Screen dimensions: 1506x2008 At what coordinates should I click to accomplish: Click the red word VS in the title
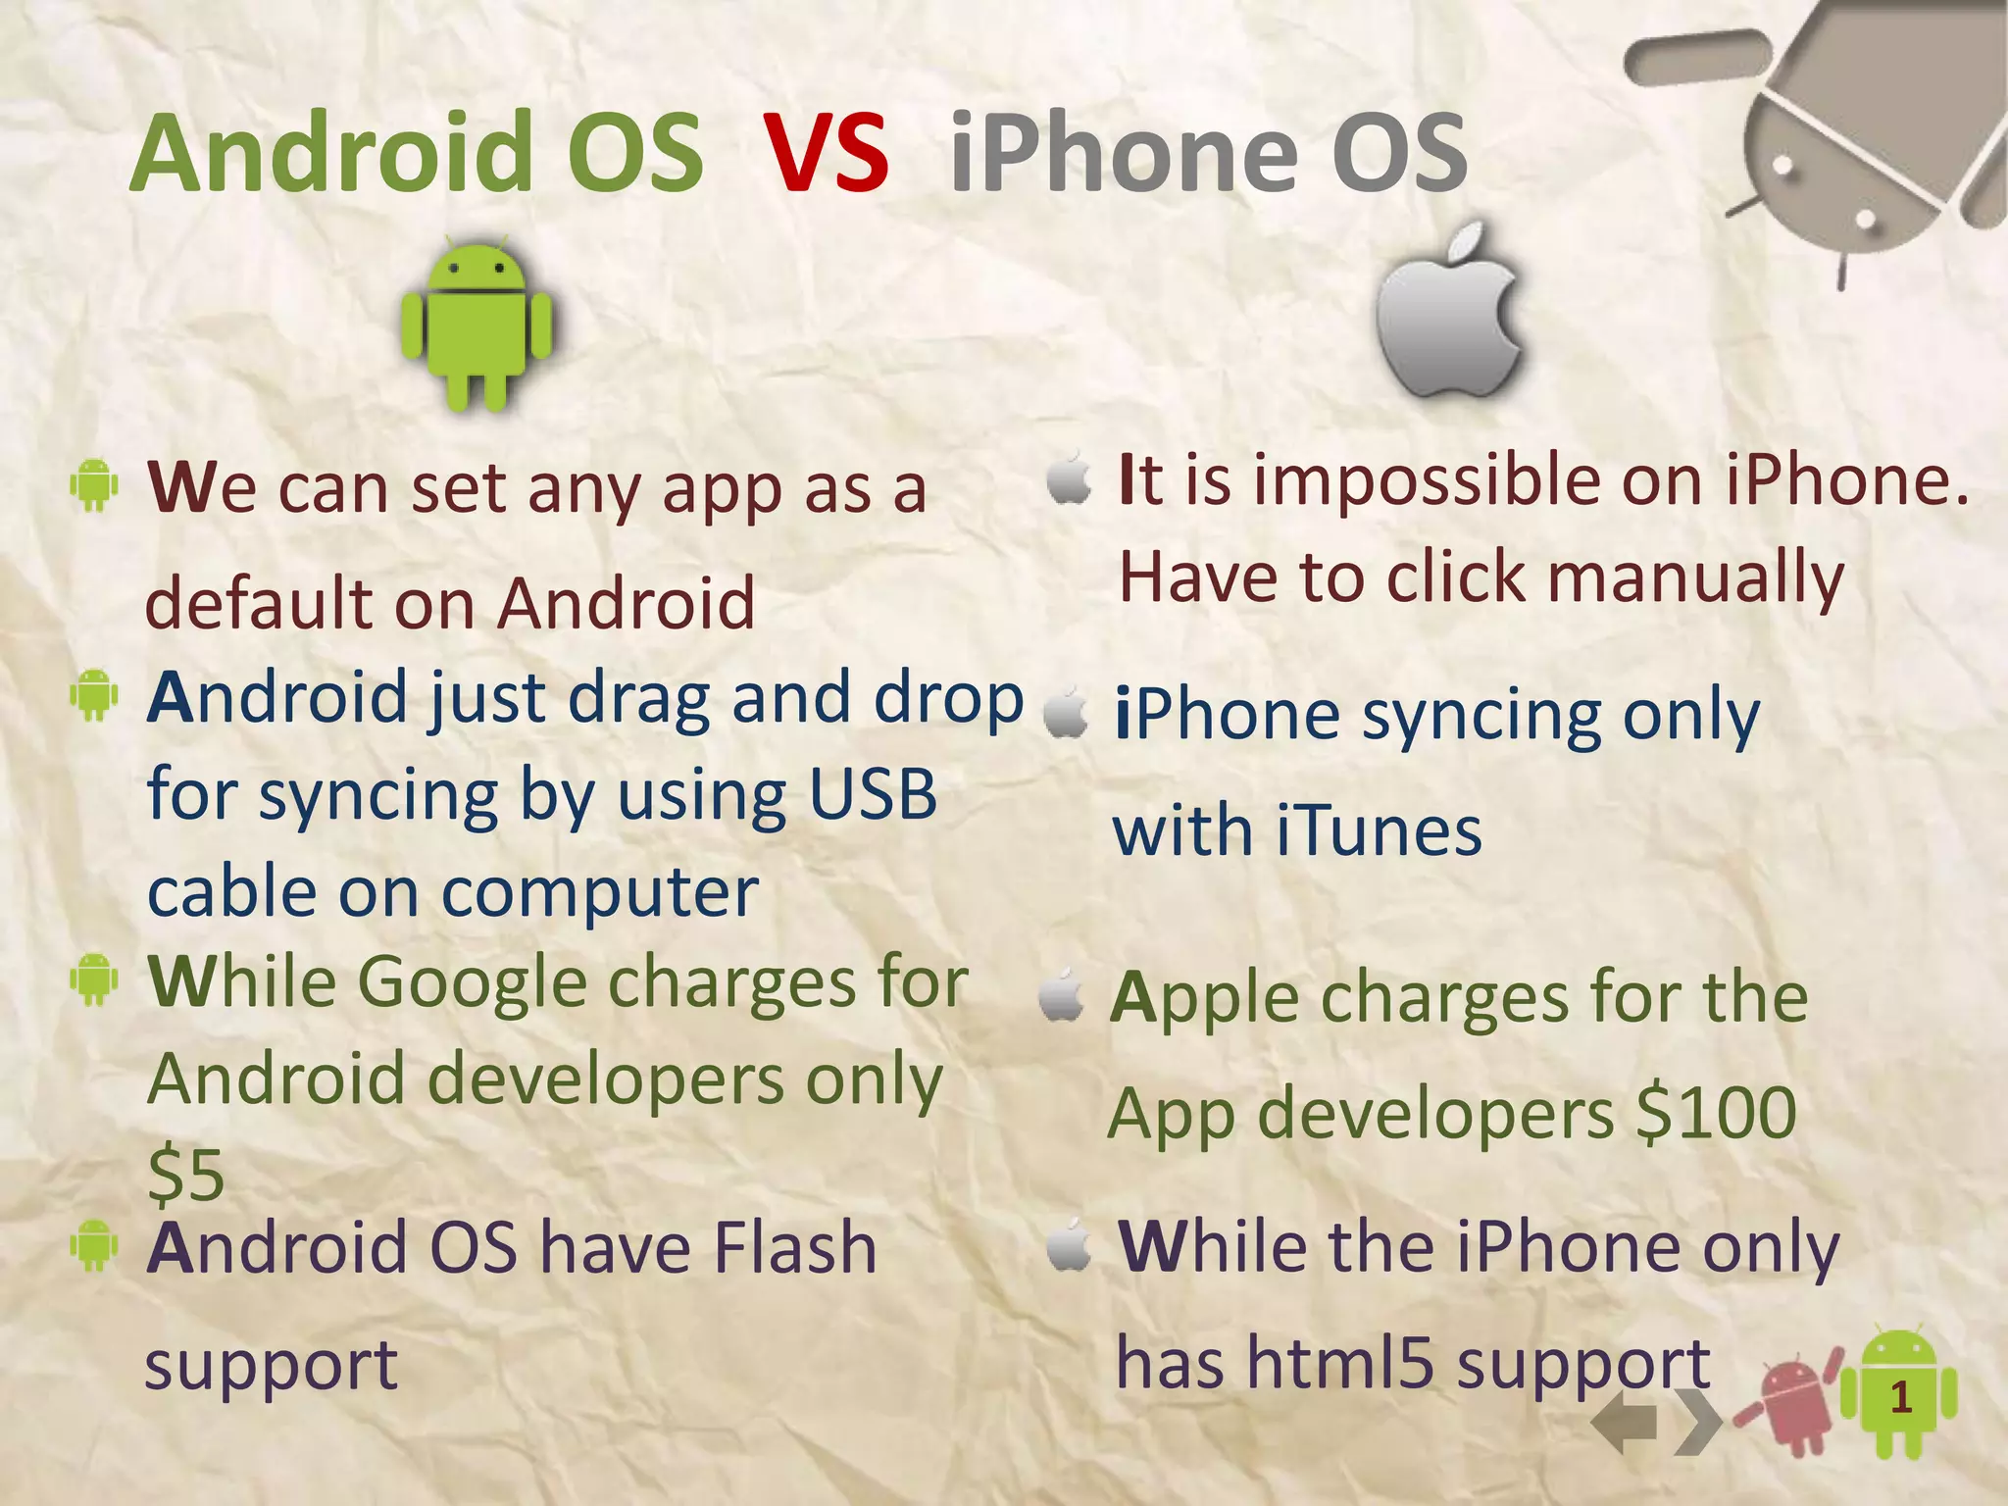pos(827,154)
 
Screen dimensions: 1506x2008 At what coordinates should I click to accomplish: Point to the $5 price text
pos(186,1175)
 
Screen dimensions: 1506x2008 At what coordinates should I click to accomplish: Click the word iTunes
pos(1379,831)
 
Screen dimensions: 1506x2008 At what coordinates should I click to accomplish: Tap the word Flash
pos(794,1248)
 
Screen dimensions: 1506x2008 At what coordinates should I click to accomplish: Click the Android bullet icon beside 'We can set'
pos(94,484)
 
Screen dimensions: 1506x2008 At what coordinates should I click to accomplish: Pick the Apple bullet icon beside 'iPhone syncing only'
pos(1067,714)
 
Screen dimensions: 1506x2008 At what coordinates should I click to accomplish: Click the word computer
pos(600,892)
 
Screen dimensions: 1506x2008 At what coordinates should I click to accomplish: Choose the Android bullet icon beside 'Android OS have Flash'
pos(94,1245)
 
